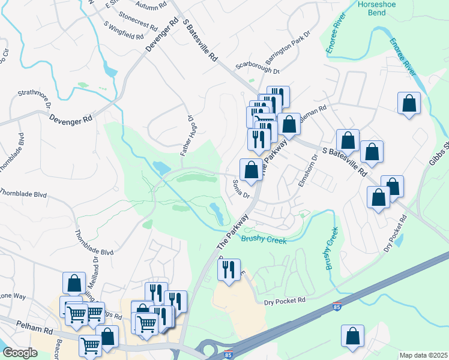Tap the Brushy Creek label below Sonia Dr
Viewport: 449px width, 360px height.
(264, 240)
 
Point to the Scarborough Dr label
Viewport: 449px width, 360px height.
(258, 67)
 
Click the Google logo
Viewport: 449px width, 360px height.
(19, 353)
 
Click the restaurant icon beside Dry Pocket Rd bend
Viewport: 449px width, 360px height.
(228, 271)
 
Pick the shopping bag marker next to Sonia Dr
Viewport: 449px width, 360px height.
(251, 170)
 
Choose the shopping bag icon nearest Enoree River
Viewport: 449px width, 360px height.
(409, 103)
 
